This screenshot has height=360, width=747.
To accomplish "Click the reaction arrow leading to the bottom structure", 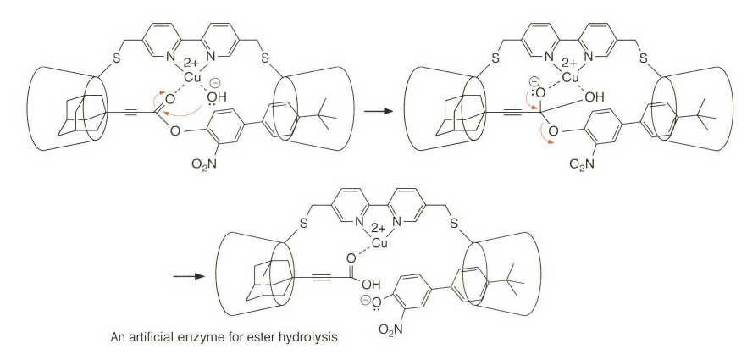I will pyautogui.click(x=191, y=275).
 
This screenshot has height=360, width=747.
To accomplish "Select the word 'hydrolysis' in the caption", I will pyautogui.click(x=312, y=337).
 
